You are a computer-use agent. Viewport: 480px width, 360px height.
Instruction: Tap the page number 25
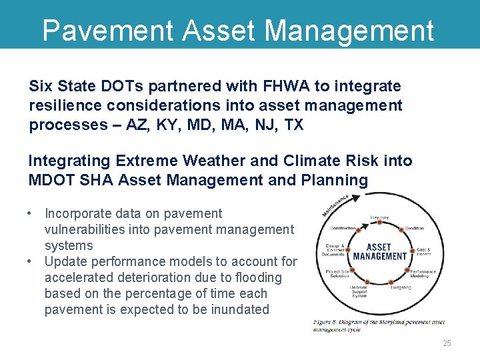[x=447, y=343]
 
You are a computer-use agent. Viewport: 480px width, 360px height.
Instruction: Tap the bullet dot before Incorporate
[x=31, y=214]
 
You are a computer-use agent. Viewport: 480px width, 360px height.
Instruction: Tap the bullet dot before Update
[x=31, y=262]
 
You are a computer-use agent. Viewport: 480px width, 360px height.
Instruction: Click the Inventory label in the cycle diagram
[x=379, y=218]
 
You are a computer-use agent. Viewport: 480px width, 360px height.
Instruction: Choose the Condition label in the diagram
[x=415, y=229]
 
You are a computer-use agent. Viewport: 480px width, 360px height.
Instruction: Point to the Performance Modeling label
[x=422, y=274]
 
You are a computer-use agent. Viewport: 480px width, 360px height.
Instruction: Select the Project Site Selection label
[x=337, y=274]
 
